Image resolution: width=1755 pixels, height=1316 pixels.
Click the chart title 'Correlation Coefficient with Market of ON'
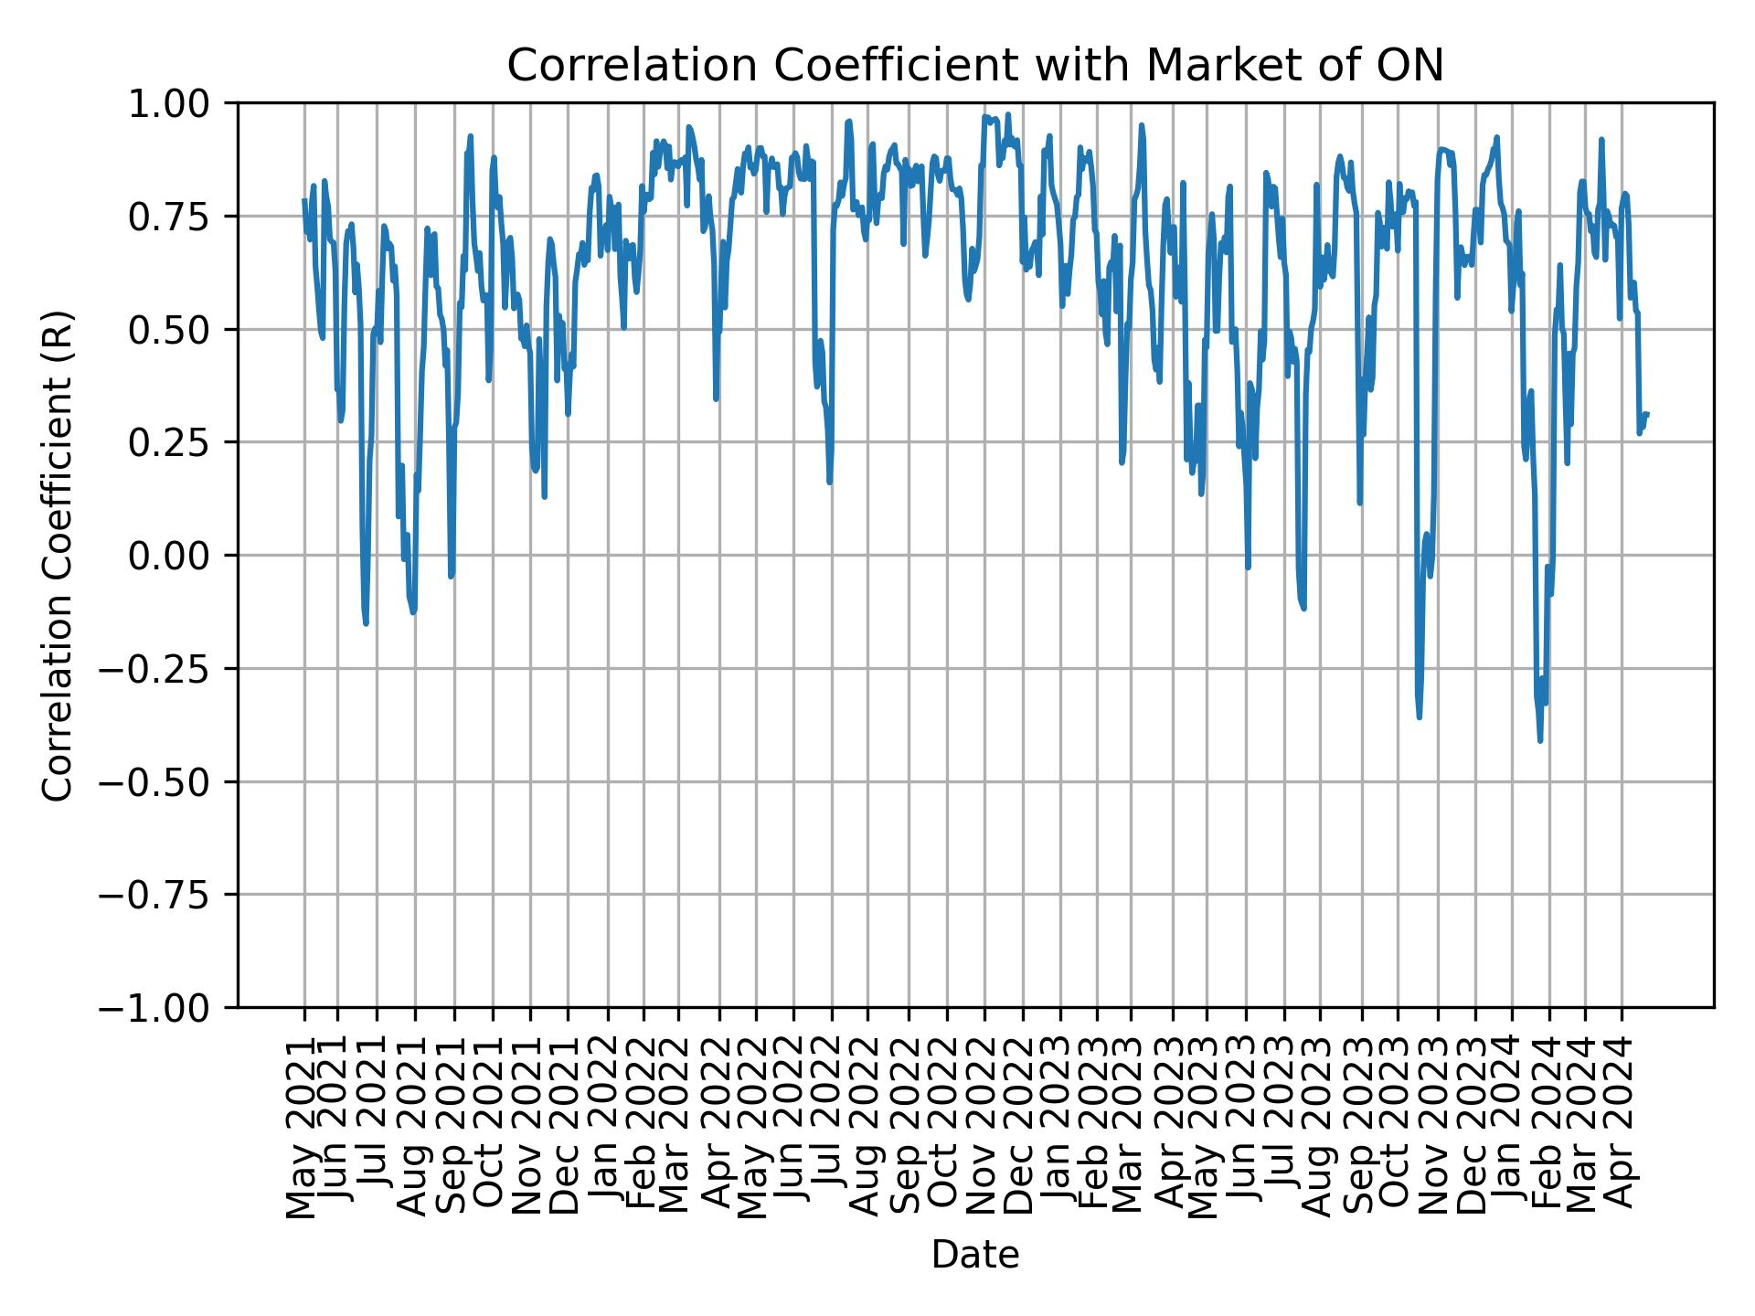click(974, 66)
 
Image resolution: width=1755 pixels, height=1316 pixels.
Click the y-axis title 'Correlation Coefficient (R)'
click(58, 556)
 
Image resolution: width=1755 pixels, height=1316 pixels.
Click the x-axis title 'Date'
click(974, 1256)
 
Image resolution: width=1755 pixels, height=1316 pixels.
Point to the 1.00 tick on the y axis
click(181, 104)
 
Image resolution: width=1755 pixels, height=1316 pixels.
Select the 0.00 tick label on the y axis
click(181, 556)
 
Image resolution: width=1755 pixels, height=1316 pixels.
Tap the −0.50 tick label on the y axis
click(167, 782)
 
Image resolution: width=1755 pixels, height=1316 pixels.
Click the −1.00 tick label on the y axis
click(167, 1008)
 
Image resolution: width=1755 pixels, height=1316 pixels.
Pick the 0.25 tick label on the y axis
click(181, 442)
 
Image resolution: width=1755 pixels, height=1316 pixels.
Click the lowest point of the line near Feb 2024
click(1540, 740)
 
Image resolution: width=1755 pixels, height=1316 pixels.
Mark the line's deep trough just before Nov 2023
click(1419, 716)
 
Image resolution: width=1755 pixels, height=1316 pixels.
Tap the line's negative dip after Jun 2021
click(366, 623)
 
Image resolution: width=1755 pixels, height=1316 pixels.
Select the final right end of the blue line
click(1647, 414)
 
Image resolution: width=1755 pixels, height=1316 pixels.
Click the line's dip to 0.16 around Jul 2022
click(829, 482)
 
